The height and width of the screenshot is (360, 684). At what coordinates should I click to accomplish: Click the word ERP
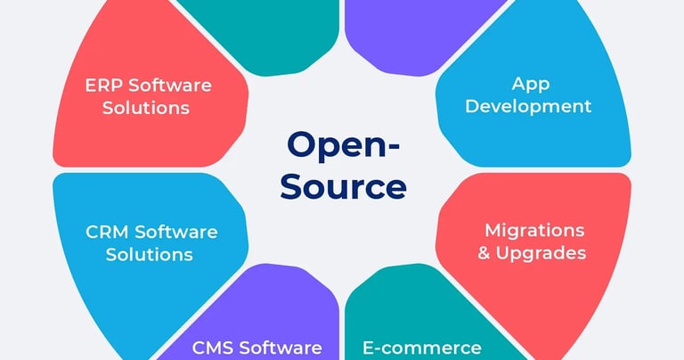(x=103, y=86)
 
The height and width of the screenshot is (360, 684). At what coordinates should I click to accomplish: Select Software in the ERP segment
(x=169, y=86)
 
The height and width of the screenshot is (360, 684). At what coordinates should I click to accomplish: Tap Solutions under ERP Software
(x=145, y=108)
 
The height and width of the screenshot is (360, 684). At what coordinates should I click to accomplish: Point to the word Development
(x=528, y=106)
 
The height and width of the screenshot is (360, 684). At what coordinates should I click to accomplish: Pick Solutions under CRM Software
(x=149, y=254)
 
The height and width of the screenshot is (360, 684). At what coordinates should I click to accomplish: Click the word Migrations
(x=534, y=231)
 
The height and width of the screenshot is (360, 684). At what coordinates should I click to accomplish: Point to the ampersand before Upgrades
(x=484, y=253)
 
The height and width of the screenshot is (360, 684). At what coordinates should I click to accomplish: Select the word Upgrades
(x=542, y=254)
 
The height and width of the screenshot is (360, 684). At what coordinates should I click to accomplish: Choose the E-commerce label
(x=421, y=348)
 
